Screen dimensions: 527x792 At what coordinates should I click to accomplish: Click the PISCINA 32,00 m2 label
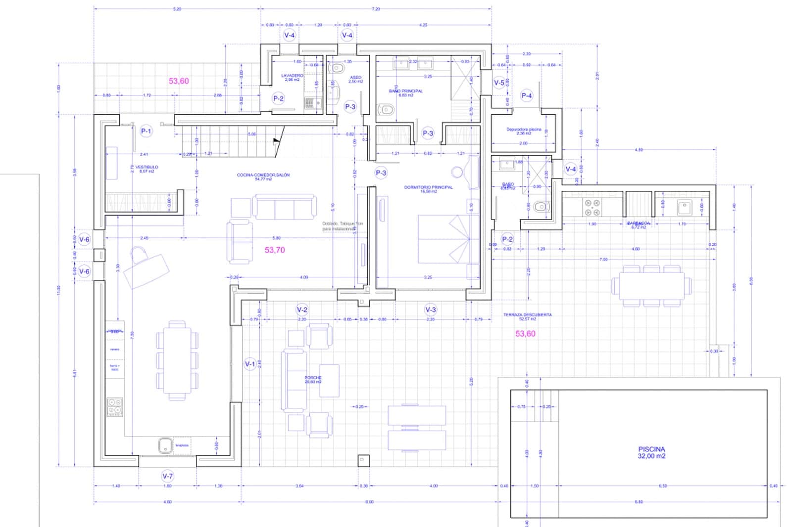click(651, 452)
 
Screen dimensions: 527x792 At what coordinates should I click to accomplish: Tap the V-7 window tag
click(168, 476)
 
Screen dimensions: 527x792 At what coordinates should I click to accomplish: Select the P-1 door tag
click(146, 131)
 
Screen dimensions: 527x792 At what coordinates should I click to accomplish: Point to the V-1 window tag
click(250, 364)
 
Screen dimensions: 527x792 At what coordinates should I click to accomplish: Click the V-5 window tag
click(499, 83)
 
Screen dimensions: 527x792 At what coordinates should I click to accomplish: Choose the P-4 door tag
click(527, 95)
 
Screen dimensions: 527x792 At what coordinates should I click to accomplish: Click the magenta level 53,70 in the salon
click(275, 250)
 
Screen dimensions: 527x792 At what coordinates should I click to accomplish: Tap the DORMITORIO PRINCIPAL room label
click(428, 189)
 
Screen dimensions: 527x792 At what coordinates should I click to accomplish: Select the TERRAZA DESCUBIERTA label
click(527, 316)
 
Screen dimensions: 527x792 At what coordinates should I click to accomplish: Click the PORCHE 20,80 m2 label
click(313, 379)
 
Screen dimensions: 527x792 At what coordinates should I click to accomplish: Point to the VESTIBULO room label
click(147, 169)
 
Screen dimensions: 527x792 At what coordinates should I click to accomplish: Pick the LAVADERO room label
click(292, 77)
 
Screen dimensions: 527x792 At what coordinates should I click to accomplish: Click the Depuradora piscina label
click(524, 131)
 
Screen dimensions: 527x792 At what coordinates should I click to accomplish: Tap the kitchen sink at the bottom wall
click(165, 445)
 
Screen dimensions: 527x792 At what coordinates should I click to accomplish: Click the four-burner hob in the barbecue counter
click(592, 208)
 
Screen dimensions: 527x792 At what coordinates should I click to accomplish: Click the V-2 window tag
click(302, 309)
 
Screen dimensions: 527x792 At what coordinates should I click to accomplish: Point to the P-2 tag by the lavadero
click(278, 98)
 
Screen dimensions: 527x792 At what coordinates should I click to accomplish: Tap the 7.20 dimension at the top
click(376, 9)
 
